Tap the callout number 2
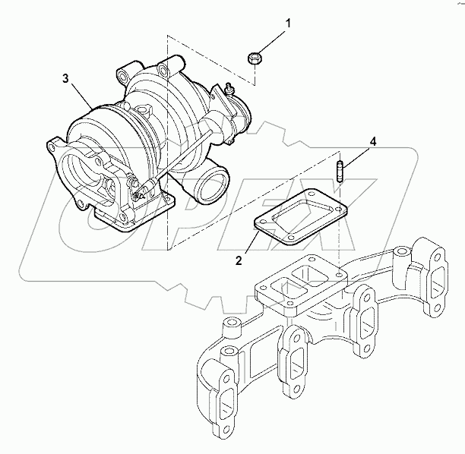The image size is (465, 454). tap(239, 260)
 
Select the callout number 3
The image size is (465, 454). tap(66, 77)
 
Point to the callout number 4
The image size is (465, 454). tap(372, 141)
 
